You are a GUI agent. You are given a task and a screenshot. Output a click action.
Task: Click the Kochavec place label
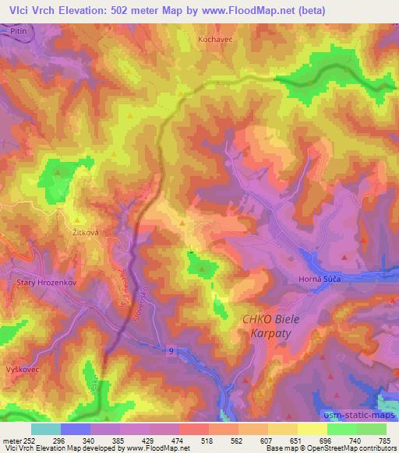click(x=216, y=38)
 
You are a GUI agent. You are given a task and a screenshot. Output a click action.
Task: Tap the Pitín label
click(x=19, y=27)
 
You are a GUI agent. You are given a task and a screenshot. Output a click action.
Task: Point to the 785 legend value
click(x=384, y=440)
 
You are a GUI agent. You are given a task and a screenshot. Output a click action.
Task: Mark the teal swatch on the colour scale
click(x=46, y=429)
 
